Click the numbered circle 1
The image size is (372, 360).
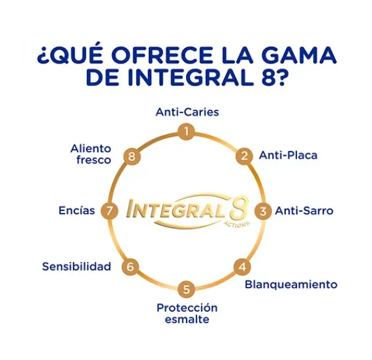coord(187,132)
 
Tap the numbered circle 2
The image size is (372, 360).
coord(244,156)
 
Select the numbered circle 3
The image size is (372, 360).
coord(265,210)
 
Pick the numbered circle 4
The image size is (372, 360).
coord(242,267)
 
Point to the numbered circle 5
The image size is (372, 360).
coord(187,289)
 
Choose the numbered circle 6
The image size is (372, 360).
coord(130,267)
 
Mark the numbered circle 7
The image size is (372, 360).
coord(109,210)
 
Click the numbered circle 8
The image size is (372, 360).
coord(131,156)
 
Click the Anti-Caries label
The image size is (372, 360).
coord(187,112)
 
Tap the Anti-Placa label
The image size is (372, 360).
coord(288,155)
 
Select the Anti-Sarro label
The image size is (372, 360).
coord(304,210)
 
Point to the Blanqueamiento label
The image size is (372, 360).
coord(291,284)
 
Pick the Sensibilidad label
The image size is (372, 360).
coord(76,266)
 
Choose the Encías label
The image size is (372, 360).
coord(77,210)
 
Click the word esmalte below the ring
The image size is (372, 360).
coord(187,320)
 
